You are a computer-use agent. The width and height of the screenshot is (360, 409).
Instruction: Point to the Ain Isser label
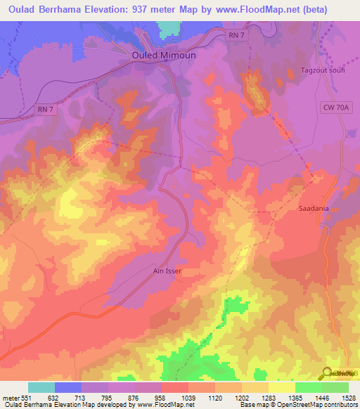tap(167, 268)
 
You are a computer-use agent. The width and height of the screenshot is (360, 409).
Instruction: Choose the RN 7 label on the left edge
tap(44, 109)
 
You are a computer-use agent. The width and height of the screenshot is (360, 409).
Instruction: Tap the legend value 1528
tap(349, 398)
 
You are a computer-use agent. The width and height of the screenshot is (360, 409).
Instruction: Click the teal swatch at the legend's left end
tap(41, 387)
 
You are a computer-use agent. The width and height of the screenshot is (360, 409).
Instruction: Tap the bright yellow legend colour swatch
tap(282, 387)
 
